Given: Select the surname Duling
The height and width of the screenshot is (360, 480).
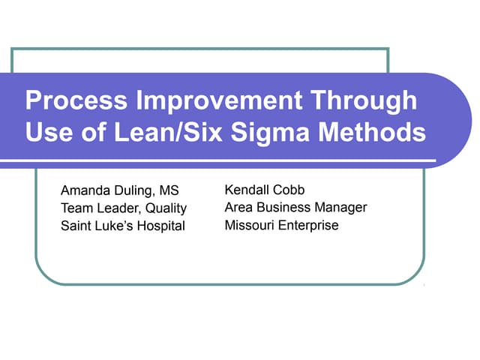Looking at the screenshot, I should tap(136, 190).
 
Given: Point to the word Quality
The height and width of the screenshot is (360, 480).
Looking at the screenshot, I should tap(166, 208).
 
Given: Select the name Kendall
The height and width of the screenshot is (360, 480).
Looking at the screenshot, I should tap(248, 190).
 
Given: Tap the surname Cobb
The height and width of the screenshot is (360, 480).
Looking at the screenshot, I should tap(291, 190).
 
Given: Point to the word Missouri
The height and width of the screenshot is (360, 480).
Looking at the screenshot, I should tap(249, 225).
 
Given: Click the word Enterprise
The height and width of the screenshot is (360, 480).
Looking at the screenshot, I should tap(308, 225).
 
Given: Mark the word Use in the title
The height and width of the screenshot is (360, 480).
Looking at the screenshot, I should tap(47, 133).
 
